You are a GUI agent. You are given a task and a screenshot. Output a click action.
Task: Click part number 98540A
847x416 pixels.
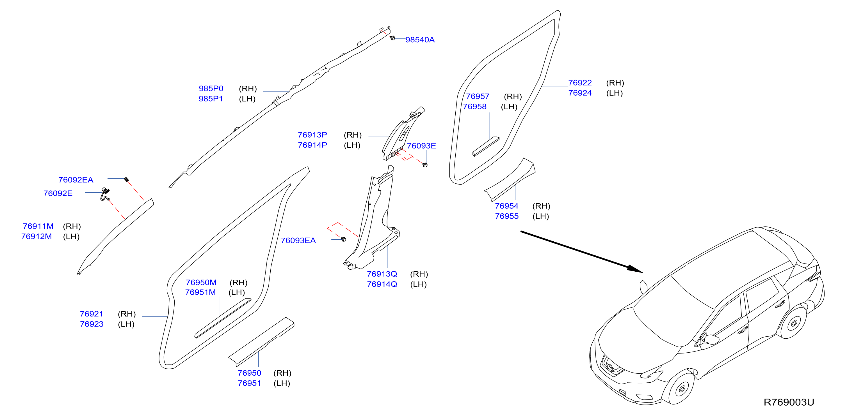tap(420, 40)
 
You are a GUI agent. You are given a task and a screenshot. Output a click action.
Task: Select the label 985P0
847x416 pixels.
tap(211, 89)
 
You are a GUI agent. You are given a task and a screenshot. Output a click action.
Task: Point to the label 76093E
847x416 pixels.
tap(421, 146)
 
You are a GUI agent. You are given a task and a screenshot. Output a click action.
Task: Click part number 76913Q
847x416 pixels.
tap(382, 274)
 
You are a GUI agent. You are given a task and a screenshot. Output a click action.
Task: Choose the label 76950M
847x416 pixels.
tap(201, 283)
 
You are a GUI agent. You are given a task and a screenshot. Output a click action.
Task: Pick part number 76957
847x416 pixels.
tap(478, 96)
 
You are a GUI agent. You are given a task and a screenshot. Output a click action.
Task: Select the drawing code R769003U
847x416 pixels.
tap(789, 402)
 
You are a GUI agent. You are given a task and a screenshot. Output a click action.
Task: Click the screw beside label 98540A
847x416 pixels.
tap(392, 38)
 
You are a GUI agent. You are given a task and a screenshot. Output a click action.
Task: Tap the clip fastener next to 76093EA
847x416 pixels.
tap(344, 239)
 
